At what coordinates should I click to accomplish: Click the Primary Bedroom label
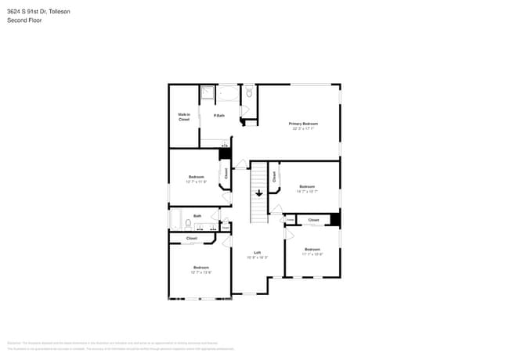[x=303, y=124]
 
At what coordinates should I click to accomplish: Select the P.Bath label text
[x=219, y=116]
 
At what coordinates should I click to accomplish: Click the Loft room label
[x=257, y=252]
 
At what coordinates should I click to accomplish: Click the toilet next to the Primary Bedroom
[x=249, y=92]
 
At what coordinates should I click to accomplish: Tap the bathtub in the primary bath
[x=229, y=95]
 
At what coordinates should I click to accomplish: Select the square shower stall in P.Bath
[x=208, y=95]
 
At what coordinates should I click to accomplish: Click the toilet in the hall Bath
[x=189, y=223]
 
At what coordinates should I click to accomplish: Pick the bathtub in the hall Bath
[x=176, y=219]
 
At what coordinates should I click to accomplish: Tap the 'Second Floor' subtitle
[x=25, y=20]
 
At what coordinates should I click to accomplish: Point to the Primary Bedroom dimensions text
[x=303, y=129]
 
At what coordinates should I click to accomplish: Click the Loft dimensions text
[x=257, y=257]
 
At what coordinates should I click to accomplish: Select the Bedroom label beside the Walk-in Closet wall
[x=197, y=177]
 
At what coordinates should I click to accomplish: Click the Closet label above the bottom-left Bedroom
[x=191, y=238]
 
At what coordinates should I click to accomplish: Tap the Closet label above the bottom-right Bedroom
[x=313, y=221]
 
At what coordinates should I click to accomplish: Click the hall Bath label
[x=197, y=216]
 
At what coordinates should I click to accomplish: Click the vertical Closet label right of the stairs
[x=274, y=177]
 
